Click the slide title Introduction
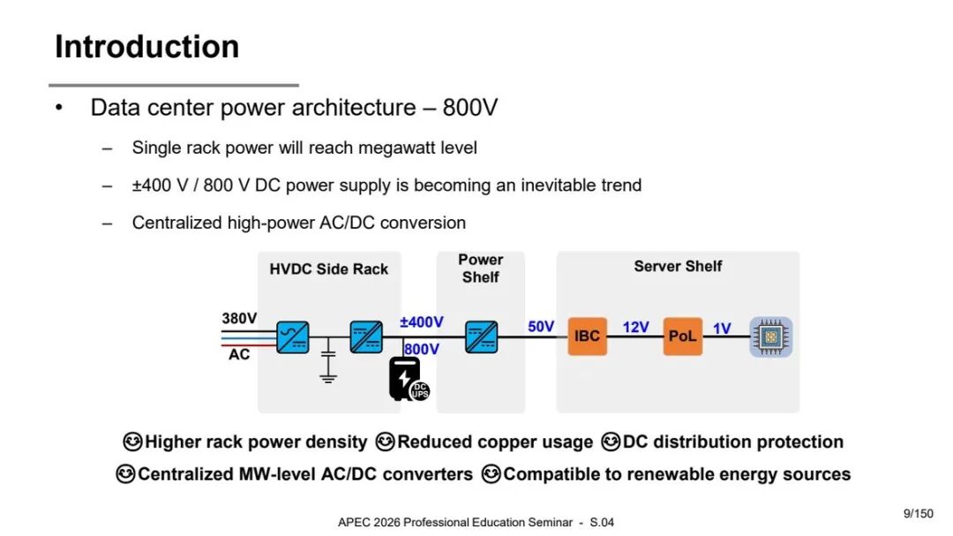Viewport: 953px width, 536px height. [147, 47]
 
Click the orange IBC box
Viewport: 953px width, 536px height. [587, 336]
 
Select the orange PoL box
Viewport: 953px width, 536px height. [682, 336]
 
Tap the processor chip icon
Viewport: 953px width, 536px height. [770, 336]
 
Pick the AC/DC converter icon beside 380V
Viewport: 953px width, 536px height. [292, 337]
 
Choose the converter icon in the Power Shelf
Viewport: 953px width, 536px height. [482, 337]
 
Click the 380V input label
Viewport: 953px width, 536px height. [239, 318]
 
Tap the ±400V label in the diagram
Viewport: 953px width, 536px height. [421, 321]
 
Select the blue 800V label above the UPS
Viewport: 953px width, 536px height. [421, 349]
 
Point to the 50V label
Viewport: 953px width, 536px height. [541, 327]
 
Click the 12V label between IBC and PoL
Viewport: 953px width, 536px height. [635, 328]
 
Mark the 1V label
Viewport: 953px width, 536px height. [722, 328]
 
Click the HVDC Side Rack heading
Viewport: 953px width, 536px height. [329, 269]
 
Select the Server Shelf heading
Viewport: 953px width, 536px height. [678, 266]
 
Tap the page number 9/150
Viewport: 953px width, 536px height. [918, 514]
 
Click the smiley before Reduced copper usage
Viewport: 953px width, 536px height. [385, 442]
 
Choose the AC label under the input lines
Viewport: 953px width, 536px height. [239, 354]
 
